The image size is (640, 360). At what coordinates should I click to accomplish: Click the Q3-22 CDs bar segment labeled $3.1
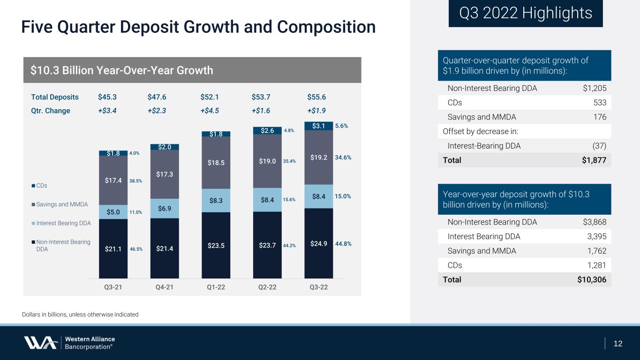point(318,126)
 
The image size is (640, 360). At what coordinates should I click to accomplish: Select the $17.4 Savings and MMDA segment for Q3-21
point(113,180)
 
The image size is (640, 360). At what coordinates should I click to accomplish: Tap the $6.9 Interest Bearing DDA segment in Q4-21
point(165,209)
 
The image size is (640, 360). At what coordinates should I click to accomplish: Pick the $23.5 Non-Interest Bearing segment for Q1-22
point(216,246)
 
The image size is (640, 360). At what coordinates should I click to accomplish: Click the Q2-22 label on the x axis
point(267,287)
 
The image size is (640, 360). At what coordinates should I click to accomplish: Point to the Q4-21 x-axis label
point(165,287)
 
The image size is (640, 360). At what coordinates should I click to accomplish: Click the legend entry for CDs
point(39,186)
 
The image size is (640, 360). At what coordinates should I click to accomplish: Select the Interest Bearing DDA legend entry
point(61,223)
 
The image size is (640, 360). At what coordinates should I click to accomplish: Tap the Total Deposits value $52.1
point(210,97)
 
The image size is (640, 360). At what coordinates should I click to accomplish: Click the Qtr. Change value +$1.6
point(261,111)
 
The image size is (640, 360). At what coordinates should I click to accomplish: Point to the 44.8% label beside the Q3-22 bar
point(343,244)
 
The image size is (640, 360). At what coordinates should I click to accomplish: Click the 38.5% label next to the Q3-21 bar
point(136,181)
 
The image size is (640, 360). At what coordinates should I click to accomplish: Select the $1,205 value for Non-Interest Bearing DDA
point(595,88)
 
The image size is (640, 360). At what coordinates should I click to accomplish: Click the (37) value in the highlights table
point(599,146)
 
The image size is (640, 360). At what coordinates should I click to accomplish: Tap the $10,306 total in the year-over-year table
point(592,279)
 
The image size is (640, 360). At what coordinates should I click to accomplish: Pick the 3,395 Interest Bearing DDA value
point(596,237)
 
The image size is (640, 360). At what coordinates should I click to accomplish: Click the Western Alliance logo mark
point(40,343)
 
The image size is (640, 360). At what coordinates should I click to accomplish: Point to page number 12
point(618,344)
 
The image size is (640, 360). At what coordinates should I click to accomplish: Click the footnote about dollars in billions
point(80,315)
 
